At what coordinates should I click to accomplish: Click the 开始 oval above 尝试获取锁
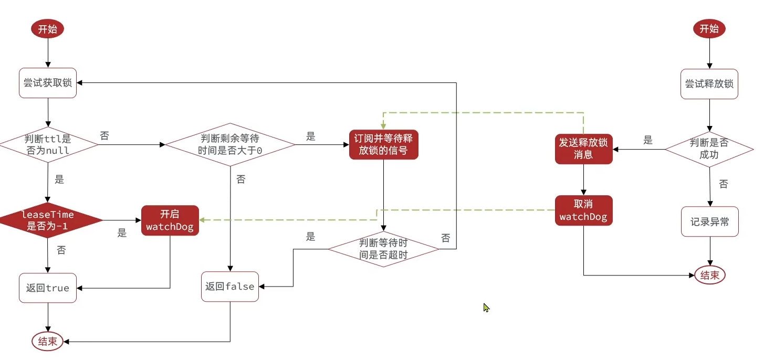pos(48,29)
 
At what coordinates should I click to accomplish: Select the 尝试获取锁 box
pos(48,83)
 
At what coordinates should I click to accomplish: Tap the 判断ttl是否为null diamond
pos(48,144)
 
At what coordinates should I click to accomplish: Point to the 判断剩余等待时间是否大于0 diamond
pos(231,144)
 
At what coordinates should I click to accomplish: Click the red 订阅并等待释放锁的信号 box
pos(383,144)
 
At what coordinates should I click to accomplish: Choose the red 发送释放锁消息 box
pos(583,149)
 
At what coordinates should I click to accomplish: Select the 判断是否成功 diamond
pos(710,149)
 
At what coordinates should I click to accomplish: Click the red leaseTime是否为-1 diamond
pos(48,221)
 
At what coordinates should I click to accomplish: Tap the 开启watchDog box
pos(170,220)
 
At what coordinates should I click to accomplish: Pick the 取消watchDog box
pos(583,210)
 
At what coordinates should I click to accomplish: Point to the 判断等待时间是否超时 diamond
pos(383,249)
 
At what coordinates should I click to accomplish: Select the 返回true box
pos(48,287)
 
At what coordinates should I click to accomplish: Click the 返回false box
pos(230,287)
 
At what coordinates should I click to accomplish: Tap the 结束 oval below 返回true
pos(48,342)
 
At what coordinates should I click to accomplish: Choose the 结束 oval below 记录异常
pos(710,275)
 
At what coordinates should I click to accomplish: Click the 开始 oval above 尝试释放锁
pos(709,29)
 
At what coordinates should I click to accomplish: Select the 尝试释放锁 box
pos(709,83)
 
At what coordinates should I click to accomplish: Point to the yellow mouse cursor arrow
pos(486,308)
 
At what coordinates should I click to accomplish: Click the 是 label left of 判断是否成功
pos(648,140)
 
